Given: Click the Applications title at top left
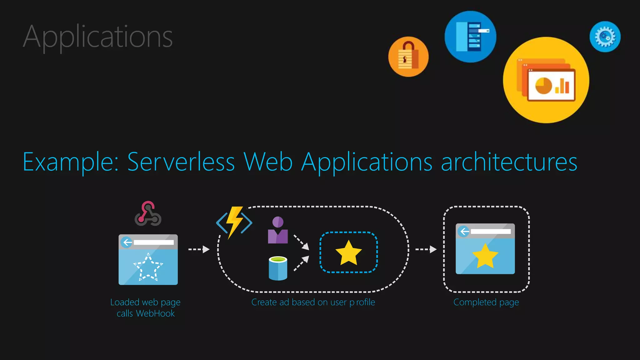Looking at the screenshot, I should click(97, 37).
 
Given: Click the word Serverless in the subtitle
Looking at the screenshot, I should click(181, 162).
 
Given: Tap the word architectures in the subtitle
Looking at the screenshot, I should click(509, 162).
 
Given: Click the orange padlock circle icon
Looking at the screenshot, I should click(408, 57).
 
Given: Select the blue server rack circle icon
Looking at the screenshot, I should click(470, 37).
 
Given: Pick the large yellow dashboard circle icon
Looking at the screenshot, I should click(546, 80).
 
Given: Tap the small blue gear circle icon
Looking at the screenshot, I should click(605, 37).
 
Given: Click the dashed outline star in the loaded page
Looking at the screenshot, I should click(148, 267).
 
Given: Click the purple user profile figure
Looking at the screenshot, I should click(278, 230).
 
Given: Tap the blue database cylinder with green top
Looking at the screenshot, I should click(278, 268).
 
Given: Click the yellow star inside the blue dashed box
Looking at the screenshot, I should click(348, 253).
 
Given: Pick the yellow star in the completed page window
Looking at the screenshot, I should click(485, 256).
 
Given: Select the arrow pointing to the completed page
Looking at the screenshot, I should click(426, 249).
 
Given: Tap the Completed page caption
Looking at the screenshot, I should click(486, 302).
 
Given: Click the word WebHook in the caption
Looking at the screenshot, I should click(155, 313).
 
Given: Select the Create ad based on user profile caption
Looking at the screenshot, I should click(313, 302).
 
